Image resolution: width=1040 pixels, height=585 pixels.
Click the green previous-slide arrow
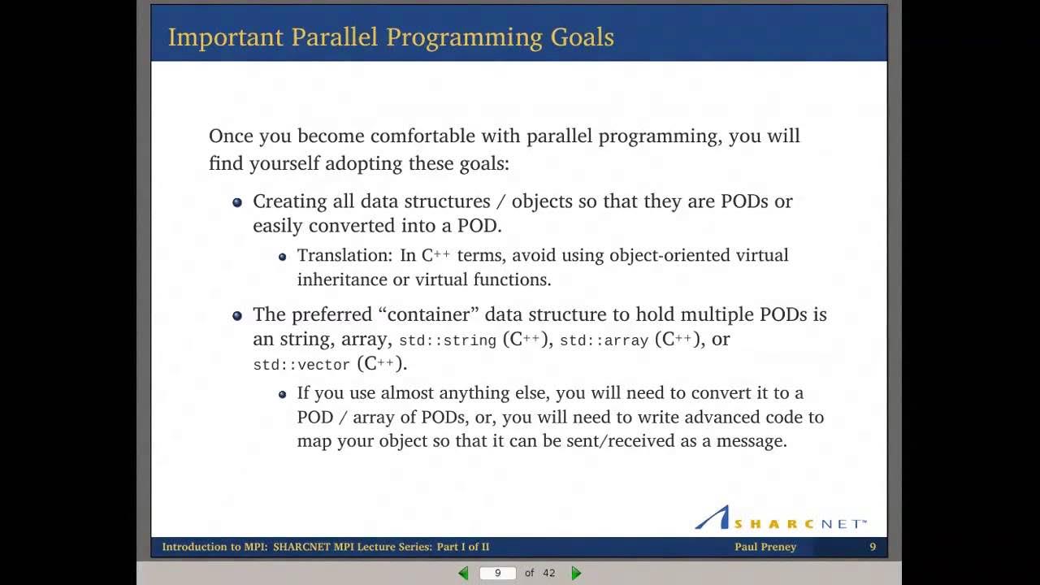pos(463,573)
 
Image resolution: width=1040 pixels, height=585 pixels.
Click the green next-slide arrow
pos(576,573)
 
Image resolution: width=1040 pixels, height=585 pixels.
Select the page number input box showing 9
pos(498,573)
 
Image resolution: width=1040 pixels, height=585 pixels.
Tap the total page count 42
pos(548,573)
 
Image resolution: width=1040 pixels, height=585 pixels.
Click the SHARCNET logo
pos(780,518)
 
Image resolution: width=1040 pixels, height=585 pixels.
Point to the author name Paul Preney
pos(765,547)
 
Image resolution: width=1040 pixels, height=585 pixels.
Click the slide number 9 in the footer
pos(873,547)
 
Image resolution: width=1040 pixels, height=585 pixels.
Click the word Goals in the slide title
pos(582,37)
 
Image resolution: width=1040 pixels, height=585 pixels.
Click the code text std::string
pos(447,341)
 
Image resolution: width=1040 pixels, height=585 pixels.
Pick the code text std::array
pos(604,341)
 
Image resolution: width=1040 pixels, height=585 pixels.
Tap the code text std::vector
pos(301,366)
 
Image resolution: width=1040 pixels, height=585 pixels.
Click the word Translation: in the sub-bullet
pos(344,255)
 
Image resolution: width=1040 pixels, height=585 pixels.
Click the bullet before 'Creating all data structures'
pos(237,202)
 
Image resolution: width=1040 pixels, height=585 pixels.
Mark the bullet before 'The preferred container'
pos(237,315)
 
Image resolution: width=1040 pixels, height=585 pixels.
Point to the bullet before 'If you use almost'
pos(282,394)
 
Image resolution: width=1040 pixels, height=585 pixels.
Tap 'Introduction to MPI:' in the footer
pos(214,547)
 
